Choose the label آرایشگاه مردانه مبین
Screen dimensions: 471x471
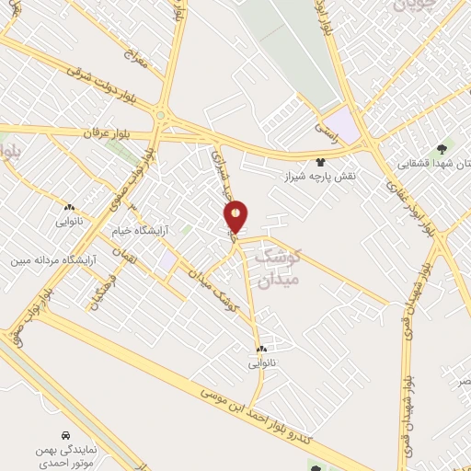click(53, 260)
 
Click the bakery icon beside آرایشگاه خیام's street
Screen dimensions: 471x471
click(70, 207)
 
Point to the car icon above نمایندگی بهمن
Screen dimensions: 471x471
click(64, 434)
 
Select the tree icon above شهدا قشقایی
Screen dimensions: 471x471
click(444, 147)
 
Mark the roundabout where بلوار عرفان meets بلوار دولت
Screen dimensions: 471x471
click(162, 116)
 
